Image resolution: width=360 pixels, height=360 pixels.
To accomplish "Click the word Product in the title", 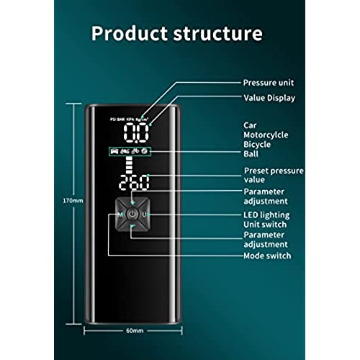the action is click(x=130, y=33).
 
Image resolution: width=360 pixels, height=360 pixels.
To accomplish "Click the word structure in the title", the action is click(x=217, y=34).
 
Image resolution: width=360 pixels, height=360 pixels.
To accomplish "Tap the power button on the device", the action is click(x=132, y=214).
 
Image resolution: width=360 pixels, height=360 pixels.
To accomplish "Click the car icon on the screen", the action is click(x=114, y=151).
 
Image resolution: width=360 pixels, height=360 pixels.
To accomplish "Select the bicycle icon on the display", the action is click(x=135, y=151).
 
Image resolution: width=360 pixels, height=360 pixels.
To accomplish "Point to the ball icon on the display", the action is click(x=145, y=151).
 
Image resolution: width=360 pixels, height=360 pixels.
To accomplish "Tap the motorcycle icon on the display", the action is click(x=125, y=151).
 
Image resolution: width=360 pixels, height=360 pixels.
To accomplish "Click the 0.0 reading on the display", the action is click(x=136, y=132).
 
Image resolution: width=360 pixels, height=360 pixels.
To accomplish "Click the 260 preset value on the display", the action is click(x=134, y=183).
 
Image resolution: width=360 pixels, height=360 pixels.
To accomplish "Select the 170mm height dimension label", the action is click(x=73, y=201).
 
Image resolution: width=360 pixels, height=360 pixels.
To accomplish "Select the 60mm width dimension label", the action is click(x=135, y=330).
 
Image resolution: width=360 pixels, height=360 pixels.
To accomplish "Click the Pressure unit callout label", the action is click(x=269, y=83).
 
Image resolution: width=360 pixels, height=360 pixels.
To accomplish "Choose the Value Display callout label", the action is click(x=269, y=98).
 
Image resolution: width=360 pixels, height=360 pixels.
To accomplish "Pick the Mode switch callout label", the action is click(x=267, y=256).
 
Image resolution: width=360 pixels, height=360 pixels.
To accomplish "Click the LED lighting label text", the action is click(x=266, y=215).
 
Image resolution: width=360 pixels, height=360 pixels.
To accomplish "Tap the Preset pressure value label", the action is click(x=274, y=175).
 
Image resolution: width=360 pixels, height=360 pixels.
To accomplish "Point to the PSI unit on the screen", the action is click(x=113, y=120).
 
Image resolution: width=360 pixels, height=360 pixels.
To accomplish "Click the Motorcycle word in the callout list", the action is click(x=266, y=135).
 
